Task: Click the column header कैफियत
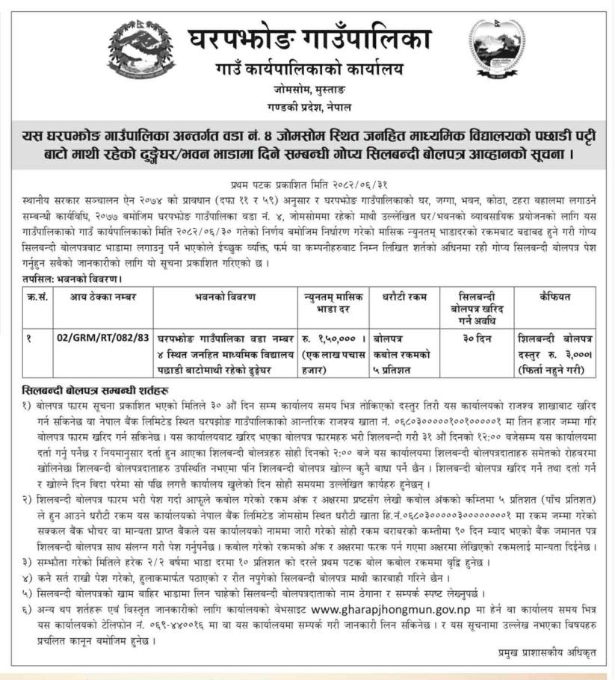(x=554, y=297)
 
